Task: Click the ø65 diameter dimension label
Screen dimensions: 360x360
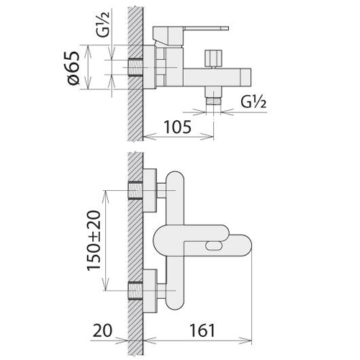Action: pos(73,68)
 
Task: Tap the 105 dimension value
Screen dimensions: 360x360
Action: pos(177,127)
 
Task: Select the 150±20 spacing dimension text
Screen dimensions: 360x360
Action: pos(94,240)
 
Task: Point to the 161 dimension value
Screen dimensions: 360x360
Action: pos(202,330)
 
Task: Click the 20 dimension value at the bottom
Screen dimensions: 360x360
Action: pos(102,330)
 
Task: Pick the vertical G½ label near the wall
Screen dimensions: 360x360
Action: pos(103,24)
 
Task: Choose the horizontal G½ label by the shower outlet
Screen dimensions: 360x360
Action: pos(253,102)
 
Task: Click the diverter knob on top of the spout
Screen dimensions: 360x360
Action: pos(213,58)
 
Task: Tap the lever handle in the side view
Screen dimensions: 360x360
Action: pos(190,35)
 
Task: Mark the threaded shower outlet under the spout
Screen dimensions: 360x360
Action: pos(213,100)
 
